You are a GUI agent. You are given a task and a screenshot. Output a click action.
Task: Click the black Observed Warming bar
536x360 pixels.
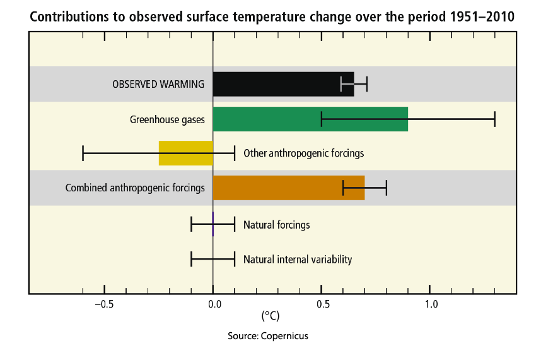tap(283, 84)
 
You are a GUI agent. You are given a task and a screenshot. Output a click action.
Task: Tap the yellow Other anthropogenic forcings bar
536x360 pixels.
tap(185, 153)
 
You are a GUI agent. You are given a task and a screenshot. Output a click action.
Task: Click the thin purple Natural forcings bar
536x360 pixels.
tap(213, 224)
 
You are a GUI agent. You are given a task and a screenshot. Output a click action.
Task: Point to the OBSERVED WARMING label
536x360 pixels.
tap(158, 84)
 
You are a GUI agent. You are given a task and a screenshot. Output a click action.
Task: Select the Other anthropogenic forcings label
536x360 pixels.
tap(303, 153)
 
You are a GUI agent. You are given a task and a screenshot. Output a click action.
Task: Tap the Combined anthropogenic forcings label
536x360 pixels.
tap(135, 188)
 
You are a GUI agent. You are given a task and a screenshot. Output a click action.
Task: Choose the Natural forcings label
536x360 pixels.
tap(276, 224)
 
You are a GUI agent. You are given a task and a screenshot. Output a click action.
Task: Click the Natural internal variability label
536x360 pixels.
tap(298, 259)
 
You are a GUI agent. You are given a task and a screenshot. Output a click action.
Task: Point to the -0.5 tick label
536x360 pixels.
tap(104, 304)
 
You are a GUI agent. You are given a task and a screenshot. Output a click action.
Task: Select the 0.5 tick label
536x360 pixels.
tap(322, 304)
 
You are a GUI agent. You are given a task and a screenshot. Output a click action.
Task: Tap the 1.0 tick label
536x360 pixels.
tap(431, 304)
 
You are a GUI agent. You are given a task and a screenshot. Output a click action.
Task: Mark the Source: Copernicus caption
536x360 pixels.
tap(268, 336)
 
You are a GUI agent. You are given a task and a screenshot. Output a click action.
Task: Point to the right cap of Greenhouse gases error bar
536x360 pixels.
tap(494, 119)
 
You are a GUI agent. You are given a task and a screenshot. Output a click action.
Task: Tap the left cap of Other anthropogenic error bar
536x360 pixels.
tap(83, 153)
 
